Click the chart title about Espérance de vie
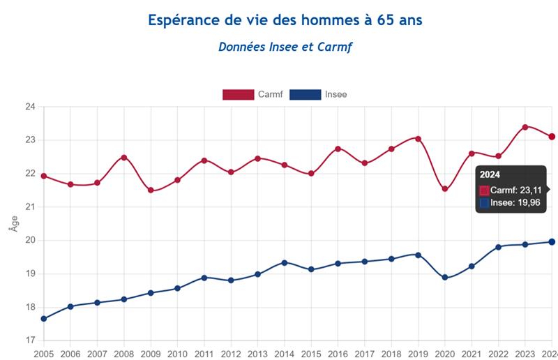click(x=285, y=20)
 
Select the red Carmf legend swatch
click(x=237, y=94)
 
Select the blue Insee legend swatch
click(x=306, y=94)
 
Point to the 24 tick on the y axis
click(x=30, y=107)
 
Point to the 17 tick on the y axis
click(x=30, y=340)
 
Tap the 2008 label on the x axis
click(x=124, y=354)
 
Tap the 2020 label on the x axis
click(x=445, y=354)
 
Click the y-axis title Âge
click(x=13, y=223)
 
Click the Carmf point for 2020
click(x=445, y=189)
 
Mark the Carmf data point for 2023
click(x=525, y=127)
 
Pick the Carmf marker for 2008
click(x=124, y=158)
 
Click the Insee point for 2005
click(x=44, y=319)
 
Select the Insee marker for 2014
click(x=285, y=262)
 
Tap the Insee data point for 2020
click(x=445, y=278)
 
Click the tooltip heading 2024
click(x=490, y=174)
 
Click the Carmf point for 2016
click(x=338, y=149)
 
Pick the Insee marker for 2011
click(x=204, y=278)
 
